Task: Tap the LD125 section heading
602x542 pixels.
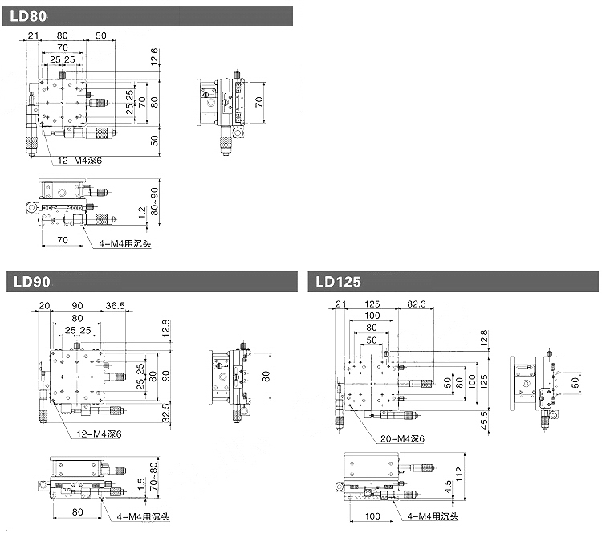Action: pos(339,282)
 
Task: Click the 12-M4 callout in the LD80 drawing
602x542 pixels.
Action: pos(79,161)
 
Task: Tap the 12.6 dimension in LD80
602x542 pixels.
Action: pos(154,57)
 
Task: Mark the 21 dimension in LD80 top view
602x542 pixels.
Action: pos(33,35)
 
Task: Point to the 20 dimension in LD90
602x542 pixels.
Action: pos(43,305)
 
